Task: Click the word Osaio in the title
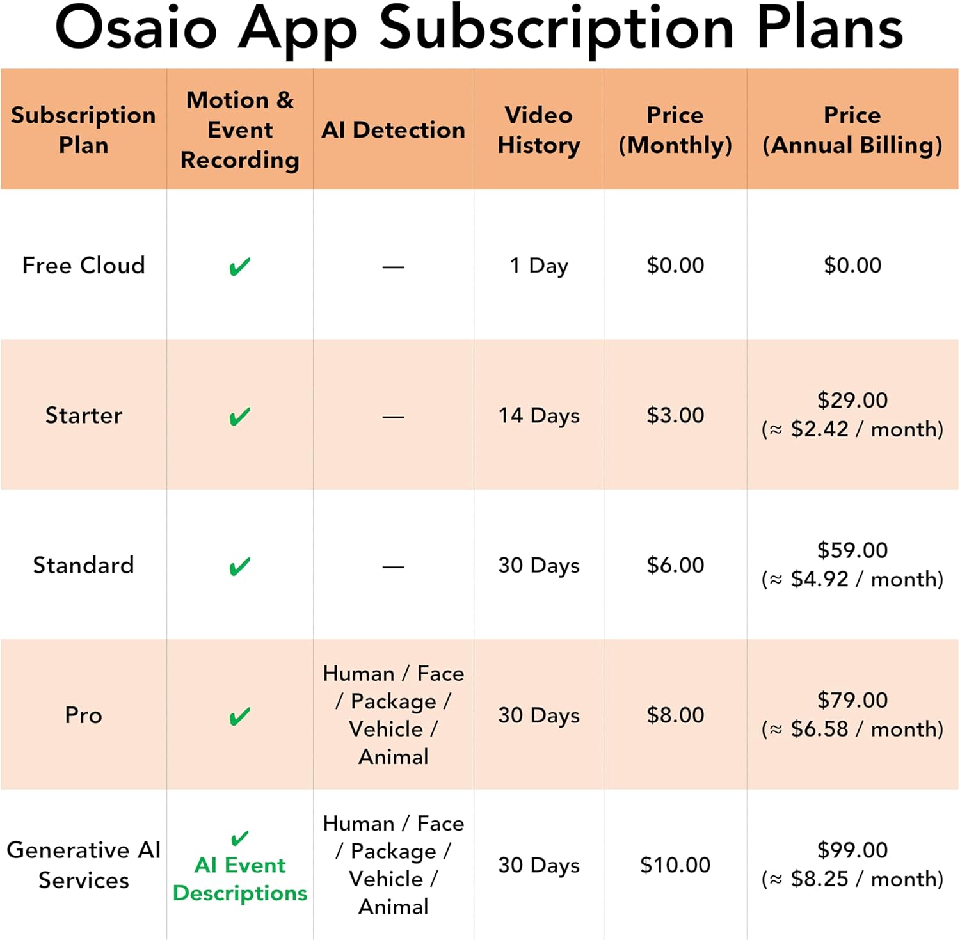136,28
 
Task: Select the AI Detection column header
393,130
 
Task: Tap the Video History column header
539,130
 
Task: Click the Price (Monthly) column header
675,130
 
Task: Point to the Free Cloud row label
84,265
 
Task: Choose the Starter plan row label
84,415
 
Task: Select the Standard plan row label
84,565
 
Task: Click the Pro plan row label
84,715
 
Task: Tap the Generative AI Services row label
84,864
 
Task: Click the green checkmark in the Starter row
240,417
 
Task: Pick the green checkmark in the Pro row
240,717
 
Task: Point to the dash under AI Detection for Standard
394,567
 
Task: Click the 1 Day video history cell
539,266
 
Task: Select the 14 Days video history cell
539,416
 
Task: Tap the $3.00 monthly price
675,415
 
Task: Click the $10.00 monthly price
675,864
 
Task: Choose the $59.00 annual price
852,550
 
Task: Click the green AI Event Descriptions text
240,879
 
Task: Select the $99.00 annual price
852,850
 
